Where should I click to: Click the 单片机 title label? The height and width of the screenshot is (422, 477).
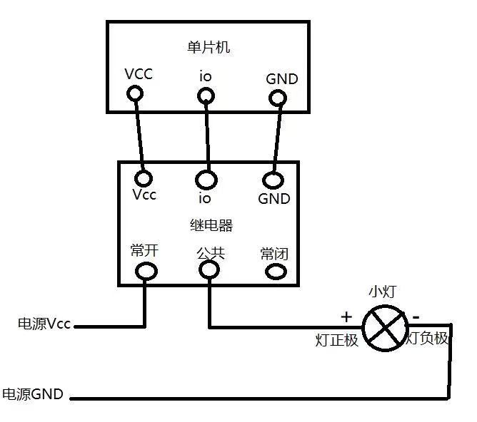207,48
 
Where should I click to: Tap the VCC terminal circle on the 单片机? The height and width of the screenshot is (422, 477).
134,93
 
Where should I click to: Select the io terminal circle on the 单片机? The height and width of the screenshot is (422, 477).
206,95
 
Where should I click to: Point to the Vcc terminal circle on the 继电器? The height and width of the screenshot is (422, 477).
145,177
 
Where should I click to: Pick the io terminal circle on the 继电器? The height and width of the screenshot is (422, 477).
208,177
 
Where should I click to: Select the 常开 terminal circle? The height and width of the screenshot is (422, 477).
146,270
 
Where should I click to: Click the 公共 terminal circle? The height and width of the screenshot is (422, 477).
209,269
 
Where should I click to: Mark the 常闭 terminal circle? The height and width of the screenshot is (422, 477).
275,271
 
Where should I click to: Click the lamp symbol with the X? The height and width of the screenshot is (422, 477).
385,327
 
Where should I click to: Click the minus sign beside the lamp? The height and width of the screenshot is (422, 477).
416,314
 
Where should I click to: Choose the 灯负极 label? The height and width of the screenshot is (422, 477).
428,339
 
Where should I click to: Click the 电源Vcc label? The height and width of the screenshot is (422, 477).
44,324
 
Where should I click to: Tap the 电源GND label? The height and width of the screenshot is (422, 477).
33,393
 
